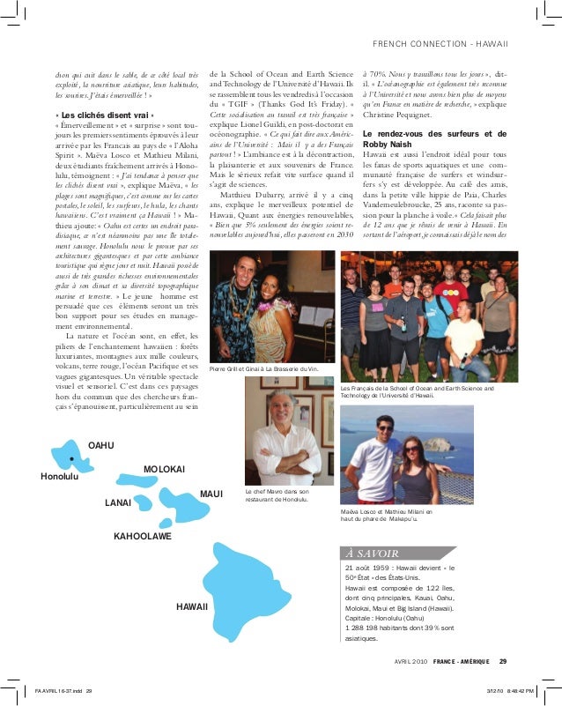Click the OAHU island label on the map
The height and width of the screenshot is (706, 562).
102,446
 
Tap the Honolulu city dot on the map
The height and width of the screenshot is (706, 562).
70,459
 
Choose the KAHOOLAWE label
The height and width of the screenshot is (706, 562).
143,535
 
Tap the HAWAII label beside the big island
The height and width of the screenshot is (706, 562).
192,607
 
